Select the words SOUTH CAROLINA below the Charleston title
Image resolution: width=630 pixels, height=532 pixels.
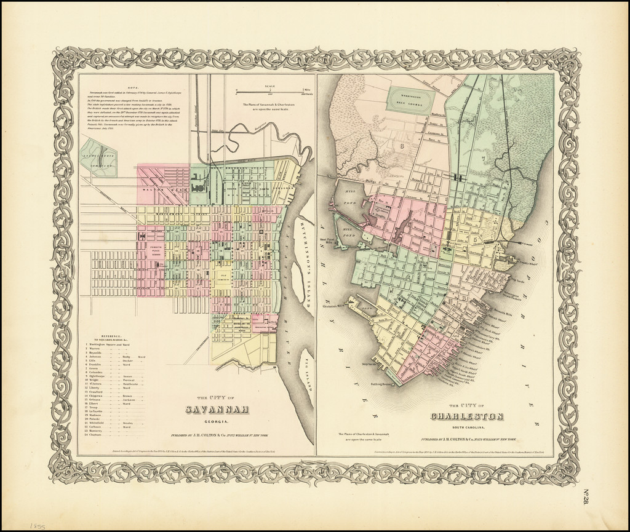(x=467, y=427)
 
